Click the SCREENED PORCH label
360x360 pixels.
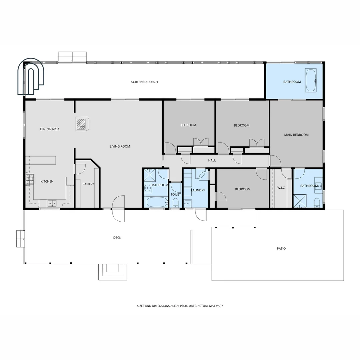(144, 82)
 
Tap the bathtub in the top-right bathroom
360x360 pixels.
(311, 80)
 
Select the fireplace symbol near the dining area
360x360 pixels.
(82, 124)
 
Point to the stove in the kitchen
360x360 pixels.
(30, 179)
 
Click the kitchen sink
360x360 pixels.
(52, 203)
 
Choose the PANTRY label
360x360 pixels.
(88, 184)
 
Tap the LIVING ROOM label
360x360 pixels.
(120, 146)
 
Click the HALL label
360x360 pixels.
(212, 160)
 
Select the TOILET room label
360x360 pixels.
(176, 194)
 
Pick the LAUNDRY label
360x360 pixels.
(198, 190)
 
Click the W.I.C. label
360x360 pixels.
(281, 188)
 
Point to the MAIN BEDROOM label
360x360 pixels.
(296, 135)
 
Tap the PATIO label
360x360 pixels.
(281, 249)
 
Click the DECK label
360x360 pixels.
(117, 238)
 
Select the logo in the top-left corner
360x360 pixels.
(31, 76)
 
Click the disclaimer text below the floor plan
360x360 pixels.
(180, 306)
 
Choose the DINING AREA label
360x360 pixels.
(50, 129)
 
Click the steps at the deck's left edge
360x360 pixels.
(20, 239)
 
